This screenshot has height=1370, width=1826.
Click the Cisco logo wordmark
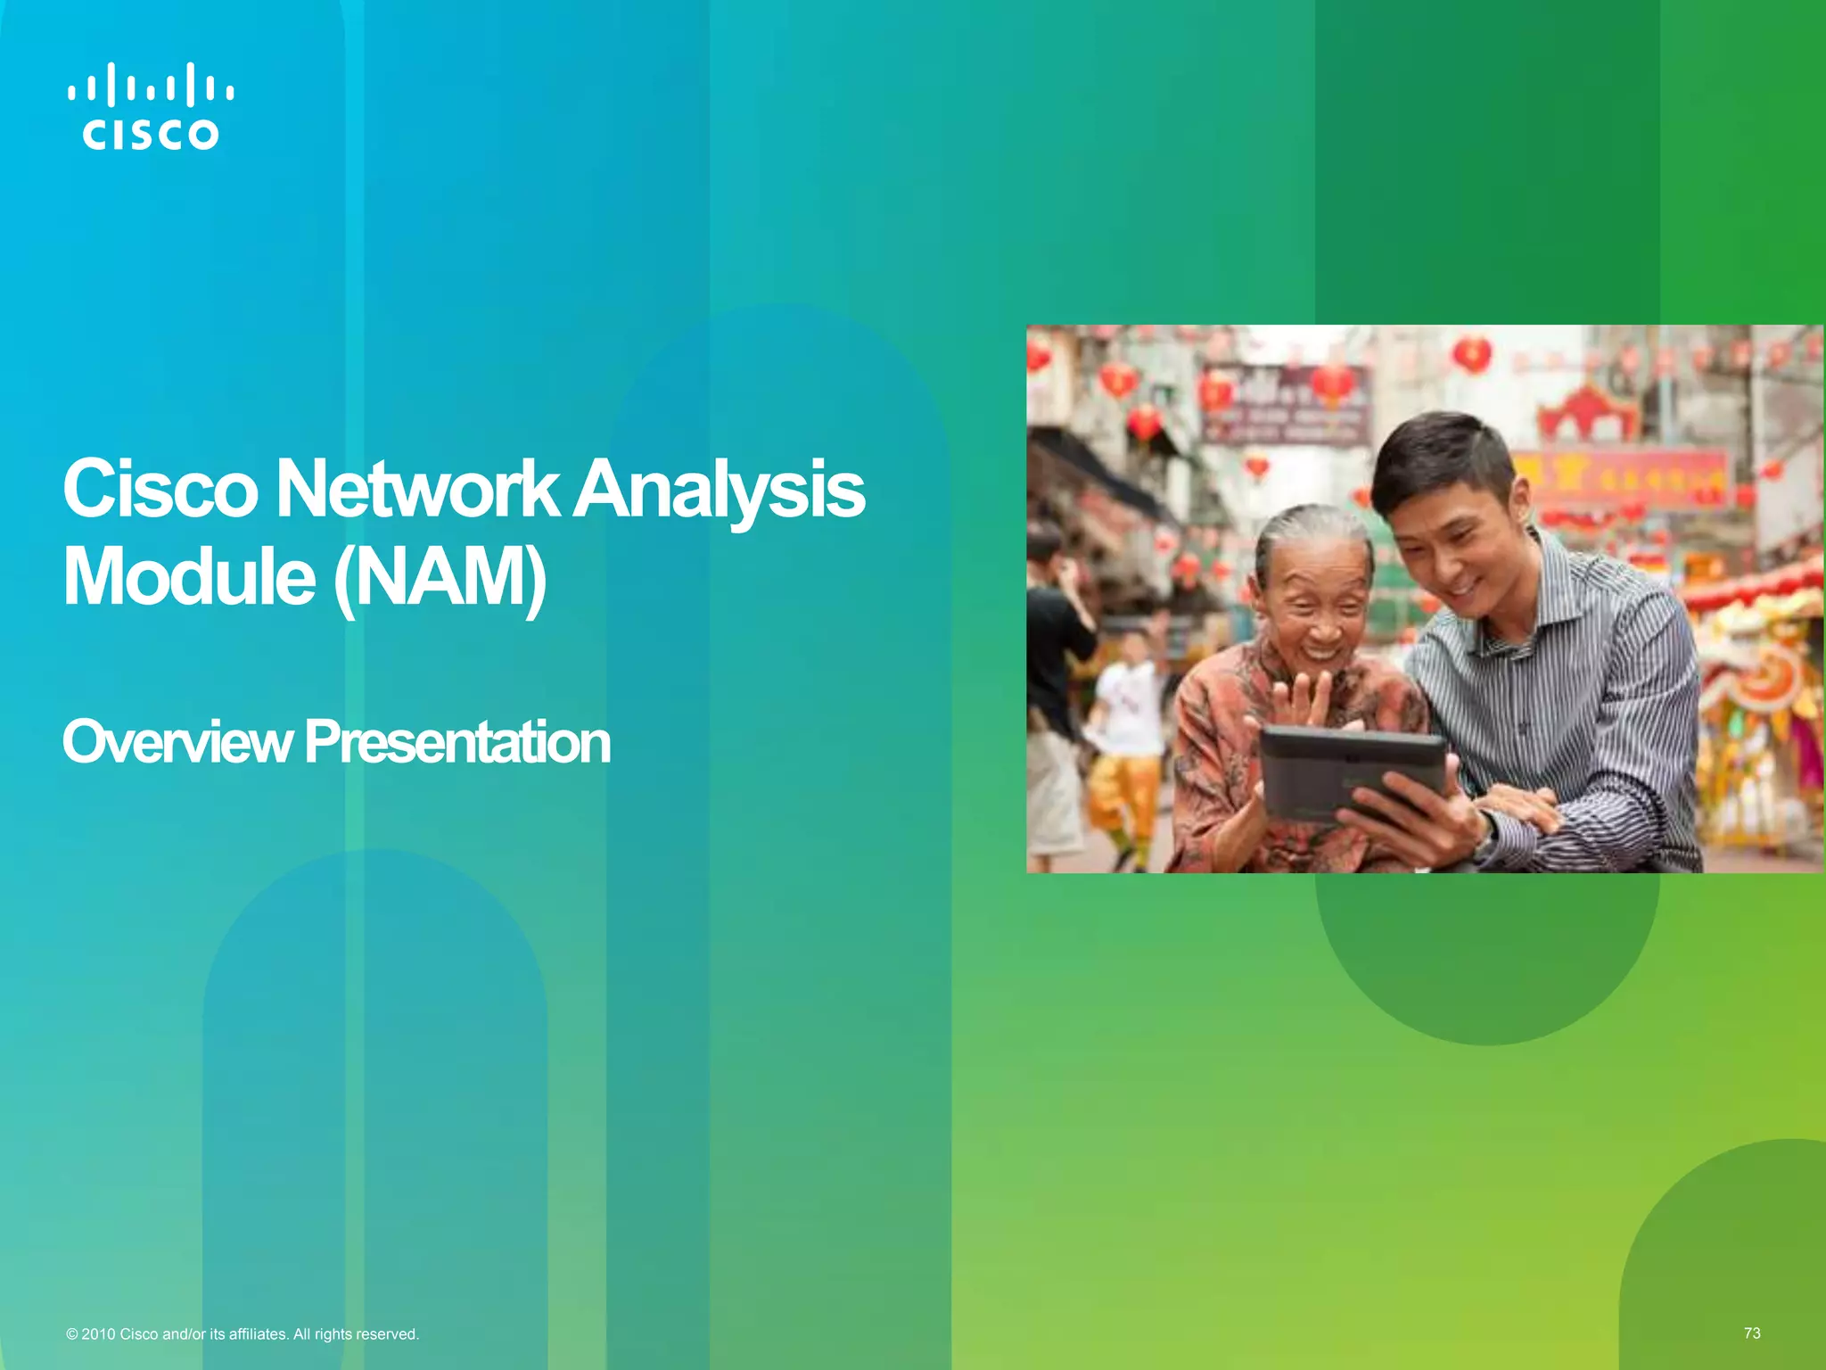tap(150, 135)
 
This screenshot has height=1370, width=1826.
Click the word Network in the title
tap(416, 490)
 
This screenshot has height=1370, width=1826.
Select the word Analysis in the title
tap(719, 490)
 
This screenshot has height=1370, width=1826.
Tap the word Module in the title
tap(189, 577)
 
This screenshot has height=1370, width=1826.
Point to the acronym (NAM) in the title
tap(440, 579)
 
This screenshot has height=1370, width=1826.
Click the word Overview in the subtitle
tap(177, 742)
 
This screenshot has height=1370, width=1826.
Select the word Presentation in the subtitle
tap(457, 742)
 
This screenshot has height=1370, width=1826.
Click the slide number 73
tap(1752, 1333)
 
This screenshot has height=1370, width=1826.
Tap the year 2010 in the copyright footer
tap(98, 1334)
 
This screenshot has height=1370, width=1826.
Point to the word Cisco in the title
tap(160, 490)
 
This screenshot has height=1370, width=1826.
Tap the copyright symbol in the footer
tap(72, 1334)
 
